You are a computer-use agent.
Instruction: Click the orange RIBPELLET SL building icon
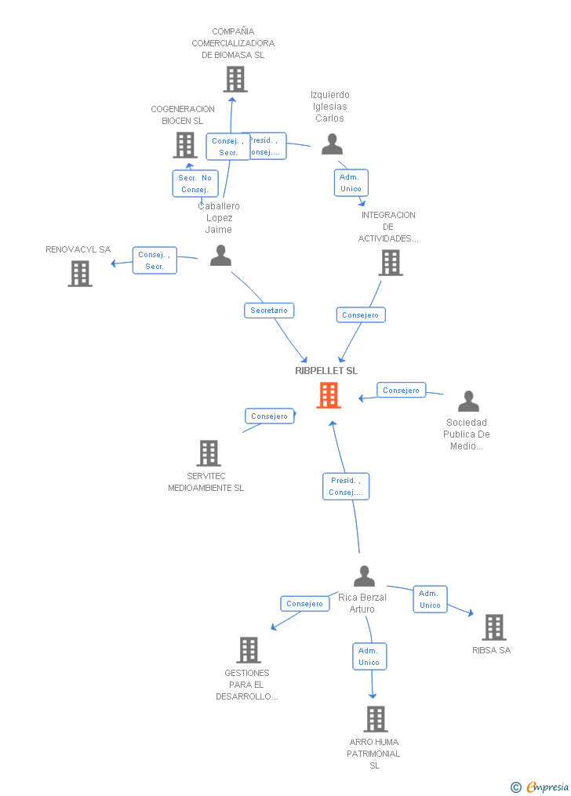pos(329,395)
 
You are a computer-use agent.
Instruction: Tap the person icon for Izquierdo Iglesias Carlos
pos(333,144)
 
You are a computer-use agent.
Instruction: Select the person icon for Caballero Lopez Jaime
pos(220,256)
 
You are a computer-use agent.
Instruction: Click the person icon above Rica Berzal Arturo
pos(364,576)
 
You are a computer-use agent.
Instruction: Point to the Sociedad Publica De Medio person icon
pos(468,402)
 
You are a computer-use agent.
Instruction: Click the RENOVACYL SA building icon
pos(80,274)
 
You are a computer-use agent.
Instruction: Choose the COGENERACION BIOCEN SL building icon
pos(185,145)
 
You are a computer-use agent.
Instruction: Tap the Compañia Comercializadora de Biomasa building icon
pos(235,79)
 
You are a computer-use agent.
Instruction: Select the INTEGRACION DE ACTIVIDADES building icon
pos(391,263)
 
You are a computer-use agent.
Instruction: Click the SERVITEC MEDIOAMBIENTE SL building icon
pos(209,453)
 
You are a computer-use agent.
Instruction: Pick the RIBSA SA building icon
pos(494,627)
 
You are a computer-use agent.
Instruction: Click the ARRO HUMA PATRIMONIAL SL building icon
pos(376,719)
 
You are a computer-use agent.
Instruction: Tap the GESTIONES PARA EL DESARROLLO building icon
pos(249,650)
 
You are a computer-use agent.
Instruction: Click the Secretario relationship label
pos(269,311)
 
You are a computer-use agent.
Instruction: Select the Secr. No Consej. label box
pos(195,184)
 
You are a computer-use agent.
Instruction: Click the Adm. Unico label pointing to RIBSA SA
pos(430,599)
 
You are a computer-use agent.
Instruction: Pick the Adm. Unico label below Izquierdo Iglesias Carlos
pos(351,183)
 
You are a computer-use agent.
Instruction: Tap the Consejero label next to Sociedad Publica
pos(402,390)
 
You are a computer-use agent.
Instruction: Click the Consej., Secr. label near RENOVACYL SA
pos(154,260)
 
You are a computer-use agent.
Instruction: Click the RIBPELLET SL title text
pos(326,371)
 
